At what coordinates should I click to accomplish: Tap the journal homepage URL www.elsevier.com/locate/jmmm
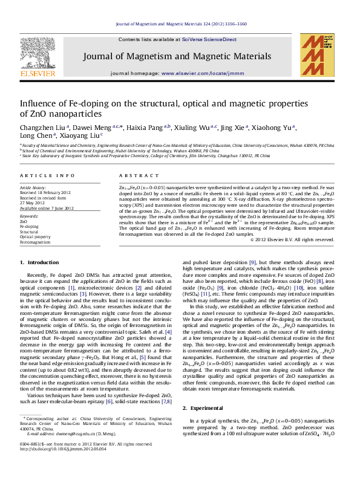point(192,73)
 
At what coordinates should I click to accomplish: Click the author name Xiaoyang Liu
point(80,137)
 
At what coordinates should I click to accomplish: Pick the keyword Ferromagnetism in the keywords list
point(34,242)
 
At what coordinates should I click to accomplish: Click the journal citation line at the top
point(180,24)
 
